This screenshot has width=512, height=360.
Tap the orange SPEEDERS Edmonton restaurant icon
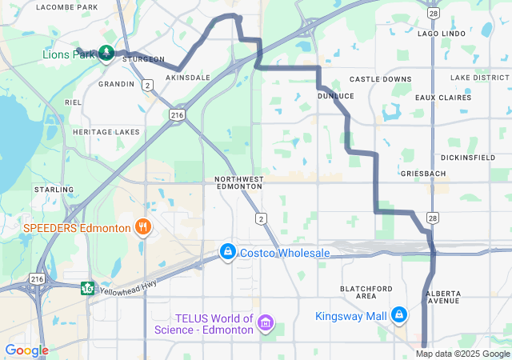(x=143, y=227)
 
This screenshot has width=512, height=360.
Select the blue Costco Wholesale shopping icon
(x=228, y=253)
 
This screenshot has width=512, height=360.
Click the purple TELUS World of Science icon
(x=266, y=324)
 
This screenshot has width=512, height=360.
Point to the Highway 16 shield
(x=86, y=287)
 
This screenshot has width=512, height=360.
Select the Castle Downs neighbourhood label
(x=381, y=80)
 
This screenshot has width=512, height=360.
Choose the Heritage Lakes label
(x=106, y=132)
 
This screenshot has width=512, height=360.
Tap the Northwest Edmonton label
(x=239, y=182)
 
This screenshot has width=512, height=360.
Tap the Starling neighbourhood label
(x=54, y=190)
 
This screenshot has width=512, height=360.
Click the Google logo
(x=26, y=350)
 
